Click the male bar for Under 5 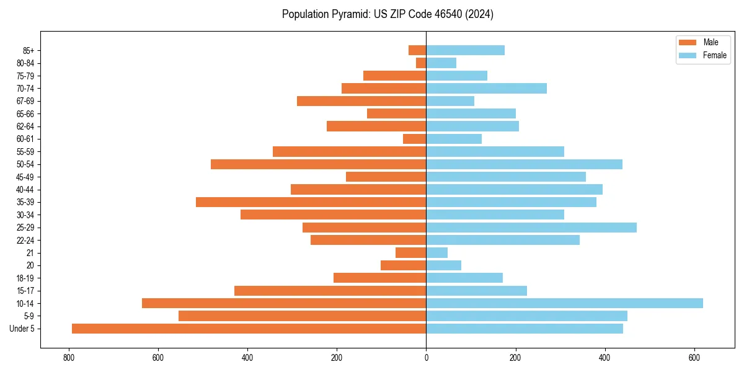tap(249, 329)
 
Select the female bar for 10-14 tap(564, 303)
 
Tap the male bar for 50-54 tap(318, 164)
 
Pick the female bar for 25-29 tap(531, 228)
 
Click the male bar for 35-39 tap(311, 202)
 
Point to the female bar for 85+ tap(465, 50)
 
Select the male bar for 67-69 tap(361, 101)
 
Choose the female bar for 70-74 tap(486, 89)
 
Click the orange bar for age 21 tap(410, 253)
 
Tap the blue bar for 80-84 tap(441, 63)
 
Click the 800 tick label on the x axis tap(68, 358)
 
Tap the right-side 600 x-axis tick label tap(694, 358)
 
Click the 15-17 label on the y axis tap(25, 291)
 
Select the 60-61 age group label tap(25, 139)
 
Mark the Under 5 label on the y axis tap(22, 329)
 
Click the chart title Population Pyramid tap(387, 14)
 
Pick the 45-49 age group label tap(25, 177)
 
